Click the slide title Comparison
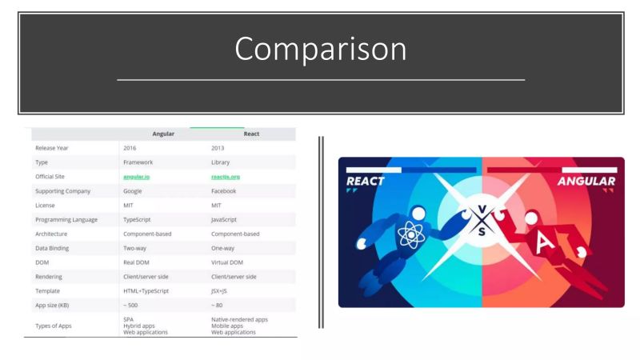tap(320, 50)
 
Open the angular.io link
tap(138, 176)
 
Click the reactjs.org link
tap(226, 176)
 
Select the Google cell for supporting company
tap(134, 190)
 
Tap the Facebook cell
tap(224, 190)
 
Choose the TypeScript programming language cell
tap(139, 219)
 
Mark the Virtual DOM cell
tap(229, 262)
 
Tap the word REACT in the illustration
tap(365, 181)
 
